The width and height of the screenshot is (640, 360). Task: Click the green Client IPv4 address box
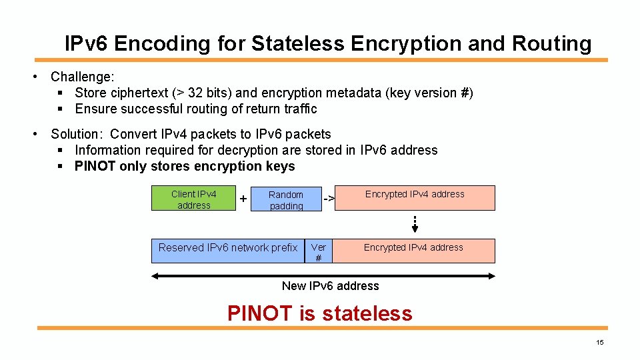click(193, 199)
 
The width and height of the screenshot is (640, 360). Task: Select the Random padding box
click(286, 200)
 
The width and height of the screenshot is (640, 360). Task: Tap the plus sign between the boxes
click(243, 199)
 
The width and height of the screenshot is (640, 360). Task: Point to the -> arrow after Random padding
click(328, 199)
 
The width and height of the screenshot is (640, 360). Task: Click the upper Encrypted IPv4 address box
click(414, 198)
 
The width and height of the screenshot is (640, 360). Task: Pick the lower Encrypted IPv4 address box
click(413, 250)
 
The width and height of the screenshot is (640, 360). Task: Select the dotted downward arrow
click(415, 225)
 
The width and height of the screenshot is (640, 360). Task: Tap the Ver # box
click(318, 252)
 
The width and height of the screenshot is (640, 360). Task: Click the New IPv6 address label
click(330, 286)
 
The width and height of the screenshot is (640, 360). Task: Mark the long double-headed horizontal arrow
click(323, 273)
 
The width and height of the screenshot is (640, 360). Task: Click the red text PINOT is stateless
click(320, 313)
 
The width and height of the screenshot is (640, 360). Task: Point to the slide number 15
click(599, 343)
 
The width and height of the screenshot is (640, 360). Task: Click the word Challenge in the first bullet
click(81, 77)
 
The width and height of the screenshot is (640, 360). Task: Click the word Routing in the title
click(551, 44)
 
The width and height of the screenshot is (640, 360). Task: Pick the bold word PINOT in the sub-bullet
click(95, 166)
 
